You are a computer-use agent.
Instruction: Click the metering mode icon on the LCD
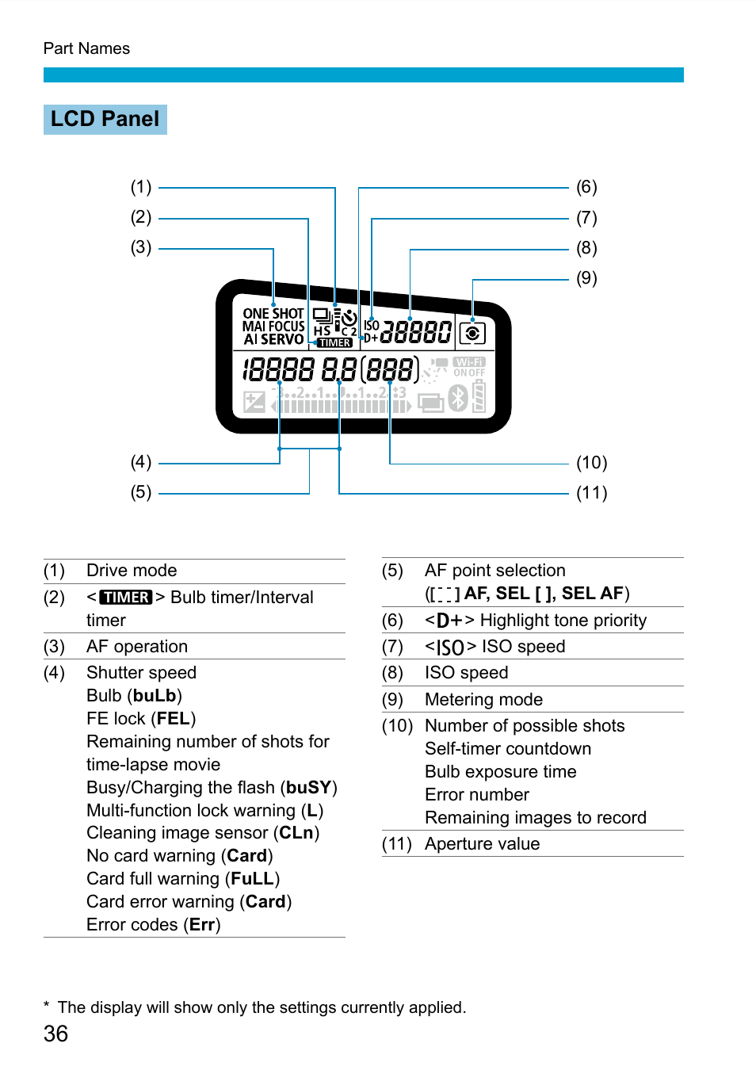click(x=472, y=334)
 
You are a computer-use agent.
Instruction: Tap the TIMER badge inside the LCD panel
click(x=334, y=343)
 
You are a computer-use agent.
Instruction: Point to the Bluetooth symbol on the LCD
click(x=458, y=398)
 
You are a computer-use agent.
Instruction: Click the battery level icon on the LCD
click(x=479, y=396)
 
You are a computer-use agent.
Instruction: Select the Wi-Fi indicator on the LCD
click(x=469, y=362)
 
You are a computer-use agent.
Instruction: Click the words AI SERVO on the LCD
click(x=273, y=339)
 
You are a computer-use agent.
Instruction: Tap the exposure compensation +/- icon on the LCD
click(x=254, y=402)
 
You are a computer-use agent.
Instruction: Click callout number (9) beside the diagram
click(x=586, y=278)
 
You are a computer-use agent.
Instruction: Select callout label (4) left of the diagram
click(x=141, y=462)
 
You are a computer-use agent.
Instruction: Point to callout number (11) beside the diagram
click(x=591, y=493)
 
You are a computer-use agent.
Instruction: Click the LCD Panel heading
click(x=105, y=119)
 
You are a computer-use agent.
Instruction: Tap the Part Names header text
click(x=86, y=48)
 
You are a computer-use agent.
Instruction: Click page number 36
click(x=55, y=1034)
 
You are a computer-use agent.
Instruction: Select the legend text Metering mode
click(x=483, y=700)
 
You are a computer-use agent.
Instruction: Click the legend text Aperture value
click(x=482, y=844)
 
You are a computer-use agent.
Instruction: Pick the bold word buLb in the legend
click(x=155, y=696)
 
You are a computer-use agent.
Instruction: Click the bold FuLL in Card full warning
click(x=252, y=879)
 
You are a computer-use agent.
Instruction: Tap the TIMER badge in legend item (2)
click(x=125, y=598)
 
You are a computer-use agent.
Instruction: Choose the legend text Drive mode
click(x=132, y=571)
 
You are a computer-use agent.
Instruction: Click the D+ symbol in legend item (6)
click(x=449, y=621)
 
